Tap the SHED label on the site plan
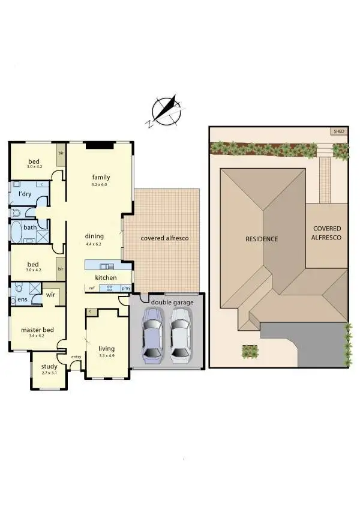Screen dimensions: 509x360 339,131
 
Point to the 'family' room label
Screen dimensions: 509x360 101,177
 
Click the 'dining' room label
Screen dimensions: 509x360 94,236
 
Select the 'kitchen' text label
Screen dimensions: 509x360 106,278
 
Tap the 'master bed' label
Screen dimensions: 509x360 37,330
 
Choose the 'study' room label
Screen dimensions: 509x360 49,367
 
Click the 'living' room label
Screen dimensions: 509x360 106,349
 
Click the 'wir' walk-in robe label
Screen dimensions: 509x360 50,295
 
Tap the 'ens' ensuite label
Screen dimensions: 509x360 23,298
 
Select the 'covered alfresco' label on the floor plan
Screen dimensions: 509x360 164,238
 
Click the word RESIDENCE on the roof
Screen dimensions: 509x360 262,239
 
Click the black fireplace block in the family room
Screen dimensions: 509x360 99,145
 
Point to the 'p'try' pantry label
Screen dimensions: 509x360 126,288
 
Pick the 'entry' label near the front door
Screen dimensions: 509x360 76,357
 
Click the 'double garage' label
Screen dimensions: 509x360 172,302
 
